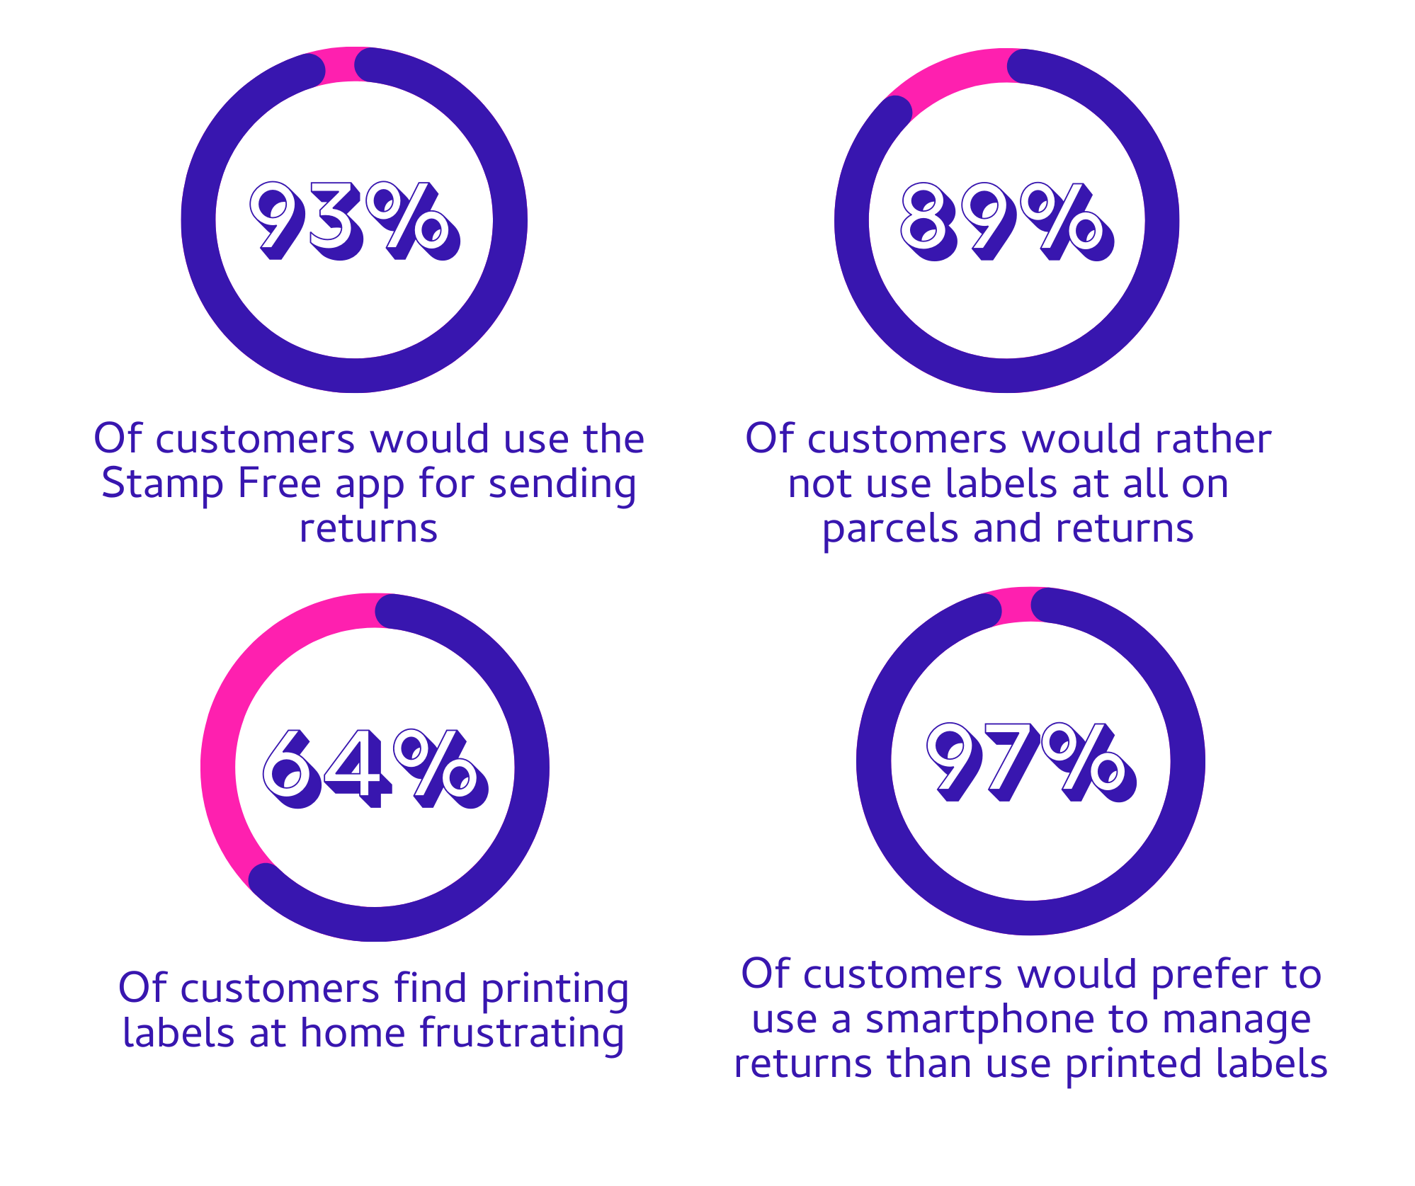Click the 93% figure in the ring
[x=355, y=220]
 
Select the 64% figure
[x=375, y=768]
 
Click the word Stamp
[x=162, y=484]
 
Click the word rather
[x=1213, y=439]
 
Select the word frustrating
[x=522, y=1034]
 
